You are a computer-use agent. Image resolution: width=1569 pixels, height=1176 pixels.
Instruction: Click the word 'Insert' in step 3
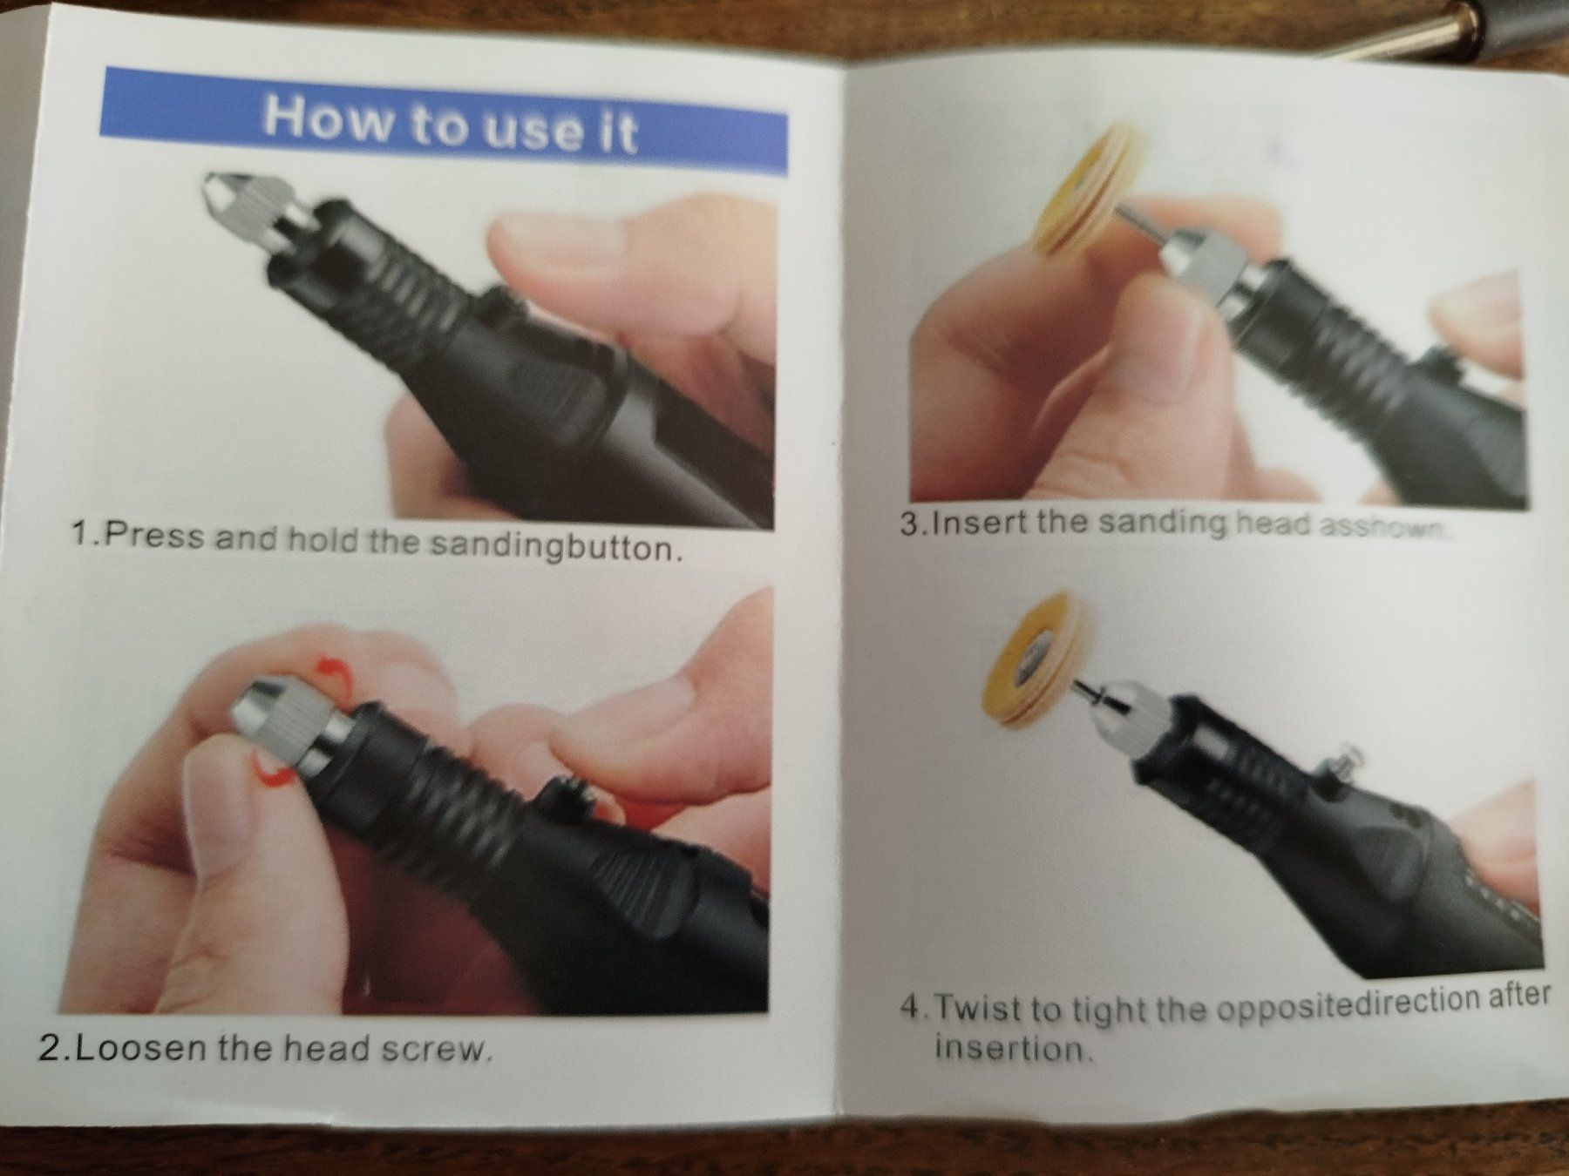978,524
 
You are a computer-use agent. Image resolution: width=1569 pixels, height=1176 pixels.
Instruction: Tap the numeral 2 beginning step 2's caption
49,1045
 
